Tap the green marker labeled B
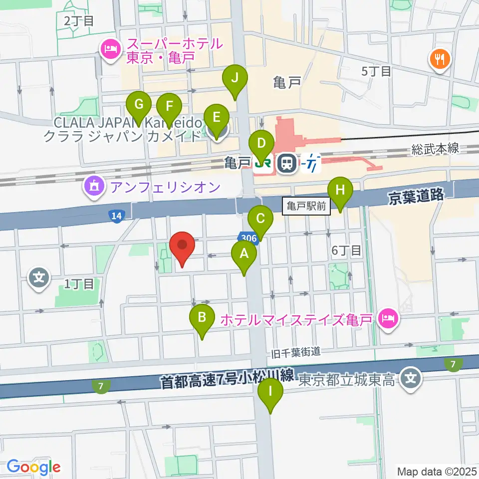202,318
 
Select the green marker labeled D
261,144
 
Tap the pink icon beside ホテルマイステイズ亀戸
388,317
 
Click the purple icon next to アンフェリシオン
94,187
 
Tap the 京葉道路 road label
416,196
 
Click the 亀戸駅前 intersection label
306,205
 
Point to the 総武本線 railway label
435,148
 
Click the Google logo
33,468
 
